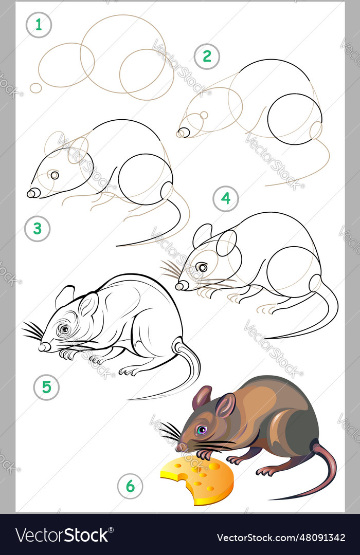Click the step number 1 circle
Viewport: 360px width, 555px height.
(39, 25)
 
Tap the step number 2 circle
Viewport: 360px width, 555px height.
(207, 57)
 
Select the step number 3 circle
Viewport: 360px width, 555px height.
(37, 229)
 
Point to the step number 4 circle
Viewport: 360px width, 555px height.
(226, 198)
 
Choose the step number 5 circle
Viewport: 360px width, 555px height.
(46, 387)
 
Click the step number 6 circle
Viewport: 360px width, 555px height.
(130, 486)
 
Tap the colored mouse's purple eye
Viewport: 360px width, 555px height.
(202, 430)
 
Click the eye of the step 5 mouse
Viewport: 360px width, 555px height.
(64, 329)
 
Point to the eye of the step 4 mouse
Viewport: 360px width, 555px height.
(203, 267)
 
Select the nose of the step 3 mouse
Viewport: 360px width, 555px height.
(32, 193)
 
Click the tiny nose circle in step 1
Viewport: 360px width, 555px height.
(35, 88)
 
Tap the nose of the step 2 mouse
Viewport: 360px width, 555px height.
(183, 133)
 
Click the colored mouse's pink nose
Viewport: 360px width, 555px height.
(179, 448)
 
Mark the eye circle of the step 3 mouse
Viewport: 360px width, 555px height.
(55, 175)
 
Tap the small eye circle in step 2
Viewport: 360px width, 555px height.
(204, 115)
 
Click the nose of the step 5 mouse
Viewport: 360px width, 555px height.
(44, 347)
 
